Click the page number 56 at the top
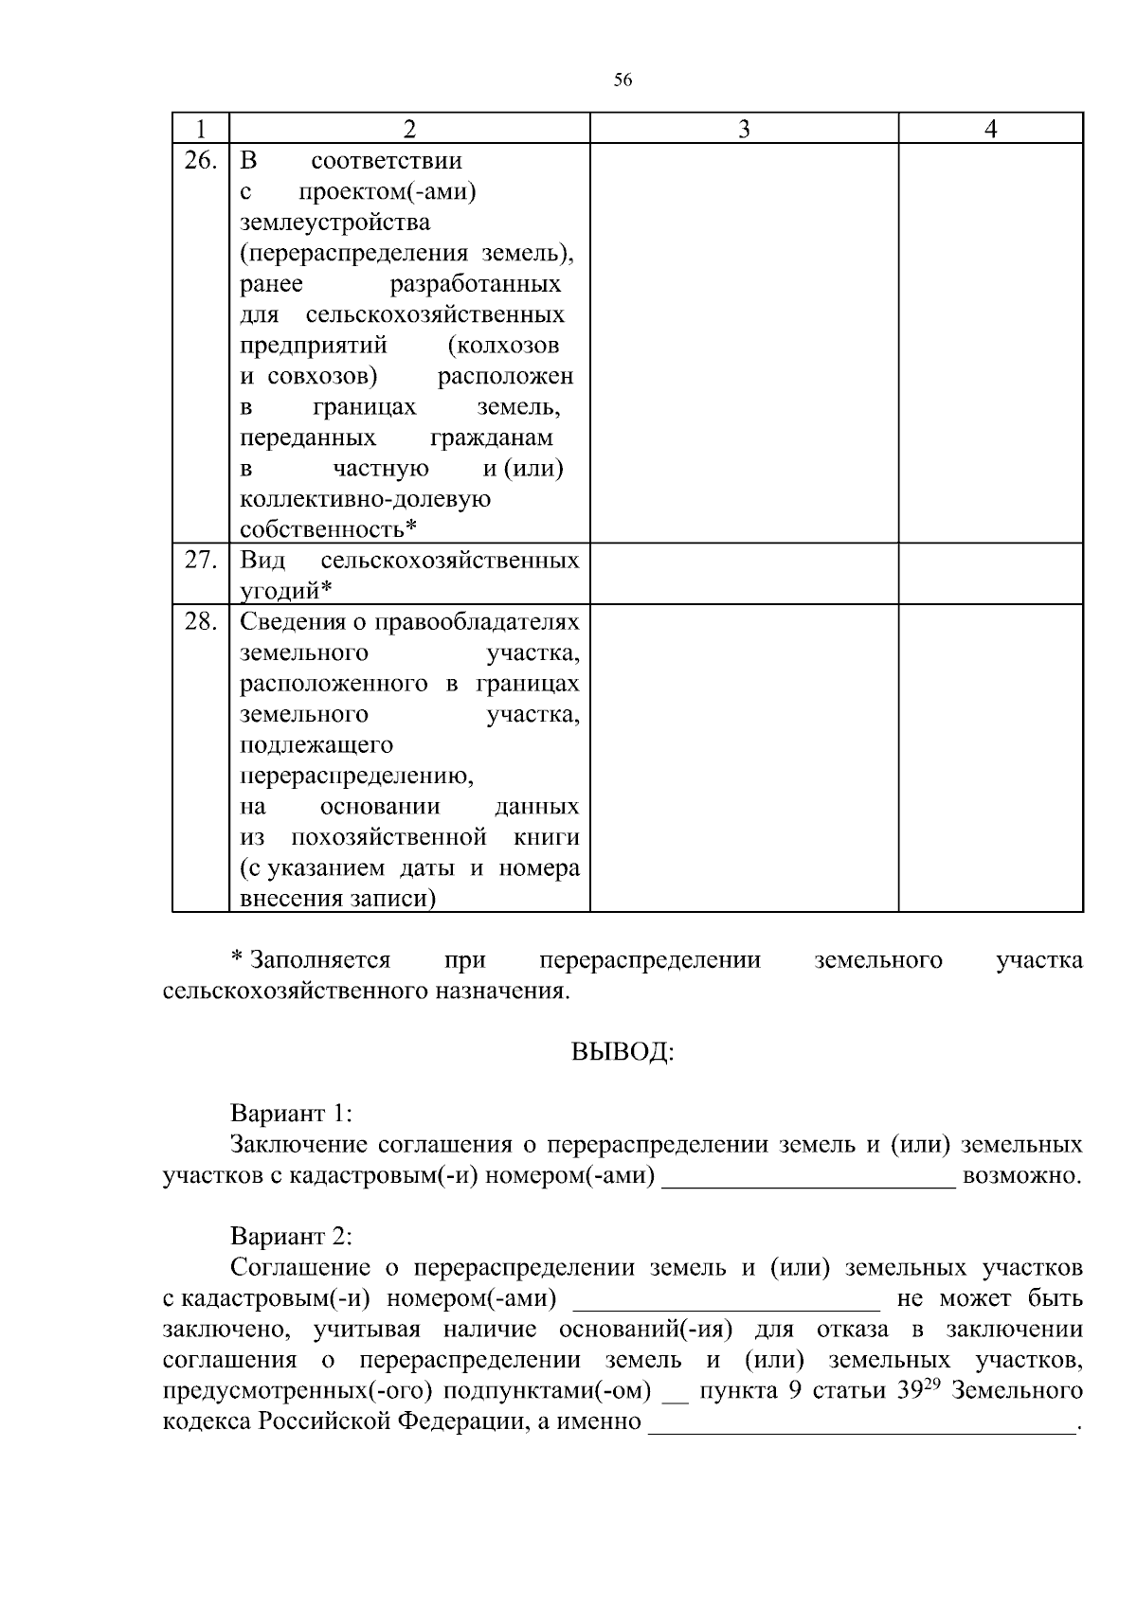coord(623,80)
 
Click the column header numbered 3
coord(744,129)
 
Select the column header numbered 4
coord(990,129)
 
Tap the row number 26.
coord(200,160)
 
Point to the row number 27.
coord(200,560)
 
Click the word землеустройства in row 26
coord(334,223)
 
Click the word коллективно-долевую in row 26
coord(365,499)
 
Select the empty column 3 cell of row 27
coord(744,574)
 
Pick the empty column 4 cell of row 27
coord(990,574)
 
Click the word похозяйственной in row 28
coord(388,838)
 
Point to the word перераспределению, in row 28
coord(356,777)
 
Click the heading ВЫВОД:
coord(623,1053)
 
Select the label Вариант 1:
coord(291,1114)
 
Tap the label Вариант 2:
coord(291,1237)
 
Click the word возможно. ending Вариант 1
coord(1021,1176)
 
